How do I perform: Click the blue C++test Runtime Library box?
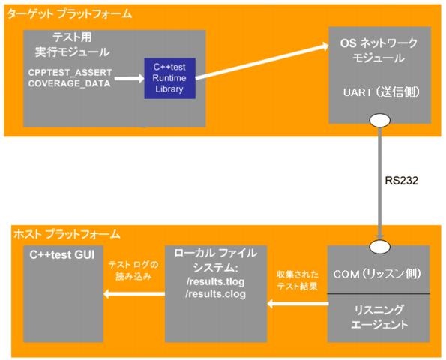point(170,78)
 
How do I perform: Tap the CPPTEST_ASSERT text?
point(70,73)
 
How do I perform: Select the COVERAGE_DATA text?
point(70,83)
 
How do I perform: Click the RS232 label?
point(401,181)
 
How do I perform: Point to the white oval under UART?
point(380,120)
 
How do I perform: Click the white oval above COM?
point(380,246)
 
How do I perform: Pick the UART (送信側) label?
point(381,92)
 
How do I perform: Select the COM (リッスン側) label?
point(377,274)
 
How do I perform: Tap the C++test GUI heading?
point(62,255)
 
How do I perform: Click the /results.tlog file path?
point(216,281)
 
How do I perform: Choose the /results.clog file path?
point(216,294)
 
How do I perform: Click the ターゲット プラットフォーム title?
point(70,14)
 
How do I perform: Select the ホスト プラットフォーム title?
point(67,234)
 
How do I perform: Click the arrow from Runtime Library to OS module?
point(262,62)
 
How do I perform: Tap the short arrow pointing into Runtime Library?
point(130,78)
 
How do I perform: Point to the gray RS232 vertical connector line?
point(380,183)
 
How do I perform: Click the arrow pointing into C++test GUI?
point(134,293)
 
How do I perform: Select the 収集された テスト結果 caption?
point(298,280)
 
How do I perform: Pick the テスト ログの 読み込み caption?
point(133,270)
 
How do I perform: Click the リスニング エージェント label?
point(379,317)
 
